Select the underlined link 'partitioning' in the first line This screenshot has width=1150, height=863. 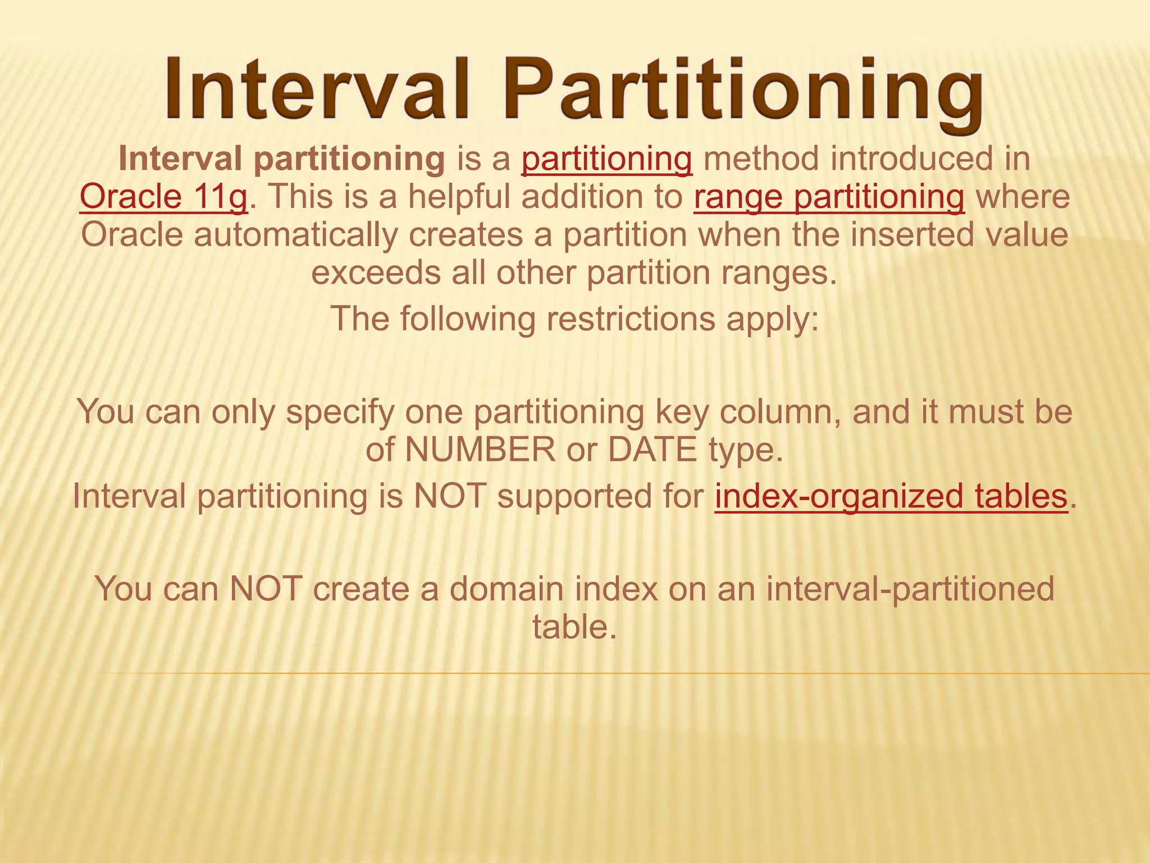[x=606, y=159]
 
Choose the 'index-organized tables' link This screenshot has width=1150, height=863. [x=891, y=496]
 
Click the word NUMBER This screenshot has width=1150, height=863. [x=480, y=449]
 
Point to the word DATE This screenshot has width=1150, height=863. [x=652, y=449]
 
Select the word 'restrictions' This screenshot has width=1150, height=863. [x=631, y=319]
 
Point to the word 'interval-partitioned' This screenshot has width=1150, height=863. [x=910, y=589]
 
